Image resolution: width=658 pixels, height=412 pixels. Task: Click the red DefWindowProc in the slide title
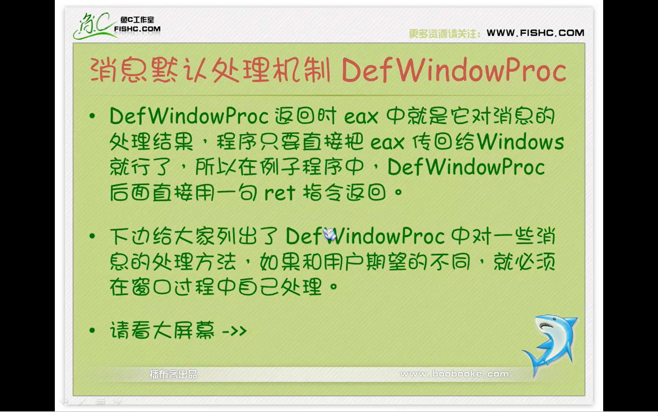click(454, 70)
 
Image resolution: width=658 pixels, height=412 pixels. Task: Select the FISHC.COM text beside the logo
click(137, 29)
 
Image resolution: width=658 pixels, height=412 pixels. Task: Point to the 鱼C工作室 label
click(137, 20)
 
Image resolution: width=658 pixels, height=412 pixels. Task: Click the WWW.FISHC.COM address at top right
click(535, 33)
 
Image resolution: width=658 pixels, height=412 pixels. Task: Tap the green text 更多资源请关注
click(444, 33)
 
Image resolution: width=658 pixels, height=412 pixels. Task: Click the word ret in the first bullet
click(280, 193)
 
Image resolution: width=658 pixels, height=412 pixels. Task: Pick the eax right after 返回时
click(361, 117)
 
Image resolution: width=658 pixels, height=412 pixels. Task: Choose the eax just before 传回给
click(387, 142)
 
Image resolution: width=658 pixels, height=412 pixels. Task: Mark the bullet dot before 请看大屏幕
click(92, 330)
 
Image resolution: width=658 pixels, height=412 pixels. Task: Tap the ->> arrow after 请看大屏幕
click(234, 331)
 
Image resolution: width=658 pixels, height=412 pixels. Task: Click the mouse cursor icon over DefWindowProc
click(329, 234)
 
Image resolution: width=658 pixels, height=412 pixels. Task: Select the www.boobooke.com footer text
click(454, 374)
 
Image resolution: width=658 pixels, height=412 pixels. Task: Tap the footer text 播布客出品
click(173, 374)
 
